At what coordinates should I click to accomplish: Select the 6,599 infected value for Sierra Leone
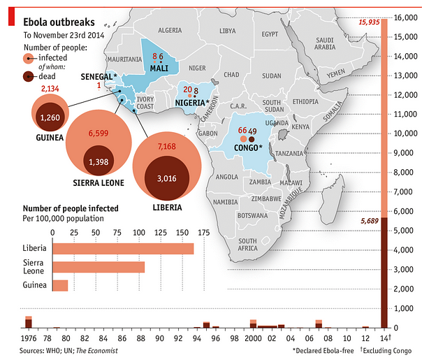click(x=97, y=132)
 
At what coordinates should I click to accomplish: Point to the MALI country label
click(x=159, y=67)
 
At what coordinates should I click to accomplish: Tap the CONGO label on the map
click(x=247, y=147)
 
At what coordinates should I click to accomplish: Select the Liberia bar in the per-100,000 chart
click(x=123, y=249)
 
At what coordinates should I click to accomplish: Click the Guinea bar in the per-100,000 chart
click(x=60, y=285)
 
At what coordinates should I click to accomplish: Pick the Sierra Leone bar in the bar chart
click(x=99, y=267)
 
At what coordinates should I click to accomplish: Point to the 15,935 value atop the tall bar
click(x=368, y=22)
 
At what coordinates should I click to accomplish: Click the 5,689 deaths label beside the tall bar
click(x=369, y=221)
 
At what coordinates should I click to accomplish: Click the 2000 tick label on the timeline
click(x=252, y=338)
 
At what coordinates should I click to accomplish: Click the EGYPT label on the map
click(x=270, y=34)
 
